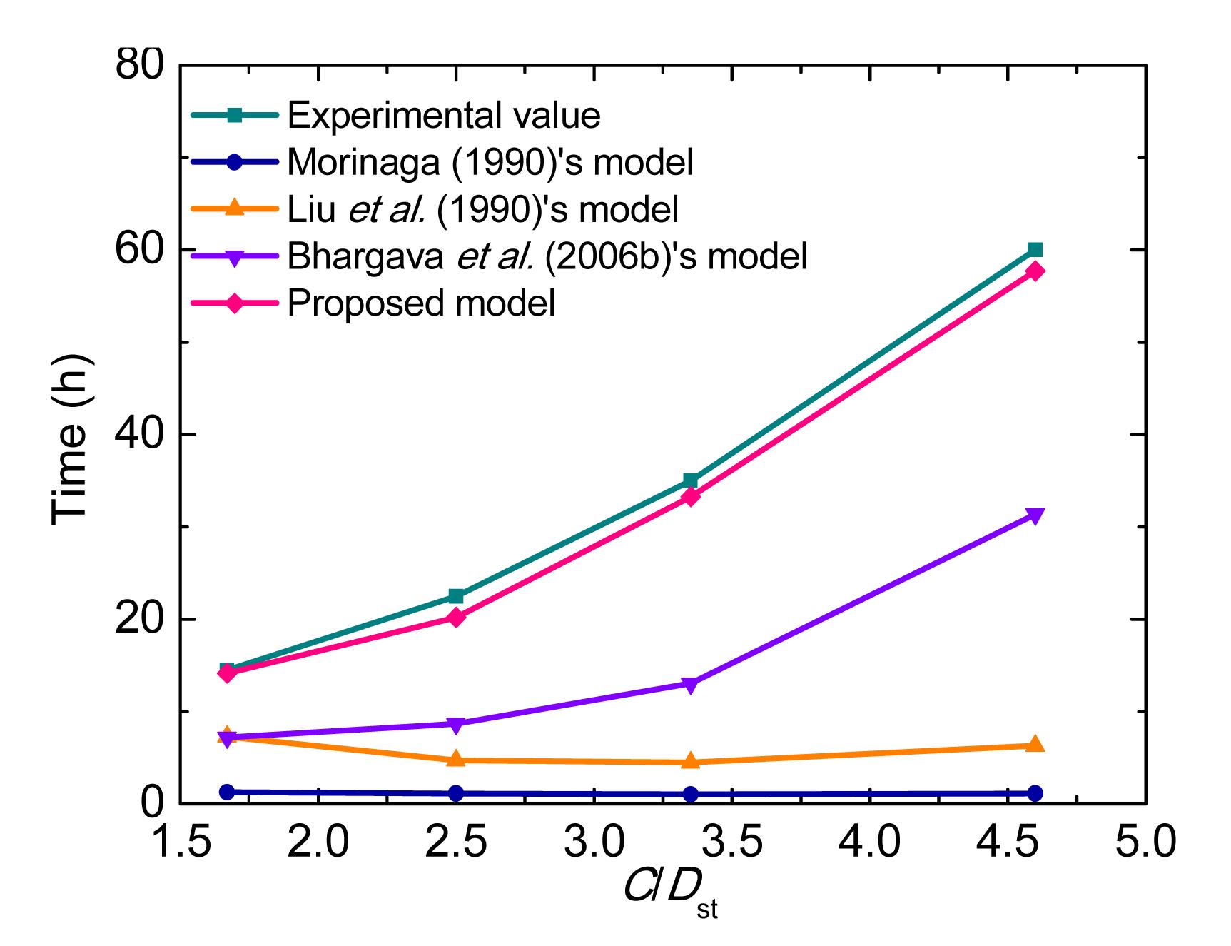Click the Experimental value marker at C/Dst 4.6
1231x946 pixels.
tap(1035, 249)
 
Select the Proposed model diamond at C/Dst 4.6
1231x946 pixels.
tap(1035, 271)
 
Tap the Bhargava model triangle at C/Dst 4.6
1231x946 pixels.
tap(1035, 516)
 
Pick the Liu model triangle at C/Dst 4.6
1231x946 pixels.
tap(1035, 744)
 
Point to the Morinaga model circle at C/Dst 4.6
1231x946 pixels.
tap(1035, 793)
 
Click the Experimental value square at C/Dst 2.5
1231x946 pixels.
tap(456, 596)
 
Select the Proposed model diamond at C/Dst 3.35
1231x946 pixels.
tap(690, 496)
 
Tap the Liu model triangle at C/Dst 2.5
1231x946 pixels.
tap(456, 759)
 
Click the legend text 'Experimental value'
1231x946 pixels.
tap(443, 115)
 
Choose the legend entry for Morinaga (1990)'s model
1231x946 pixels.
tap(490, 162)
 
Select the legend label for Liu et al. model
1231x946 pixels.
tap(482, 209)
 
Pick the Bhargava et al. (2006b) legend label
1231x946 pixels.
tap(547, 256)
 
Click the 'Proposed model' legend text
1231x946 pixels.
tap(421, 303)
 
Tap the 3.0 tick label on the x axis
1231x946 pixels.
tap(594, 842)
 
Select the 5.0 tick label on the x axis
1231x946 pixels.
tap(1145, 842)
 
